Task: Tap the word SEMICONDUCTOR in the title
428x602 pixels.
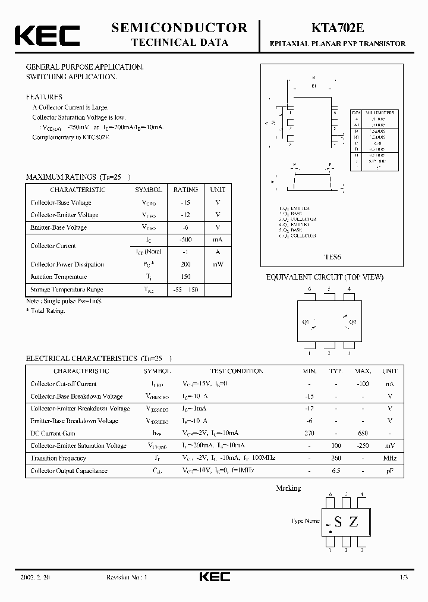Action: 180,27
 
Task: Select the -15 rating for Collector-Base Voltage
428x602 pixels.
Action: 185,203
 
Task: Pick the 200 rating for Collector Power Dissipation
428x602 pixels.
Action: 185,264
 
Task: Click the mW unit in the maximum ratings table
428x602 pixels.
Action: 218,264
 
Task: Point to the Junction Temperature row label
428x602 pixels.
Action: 59,277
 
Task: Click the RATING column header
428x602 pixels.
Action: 185,190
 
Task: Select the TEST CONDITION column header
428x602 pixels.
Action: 236,371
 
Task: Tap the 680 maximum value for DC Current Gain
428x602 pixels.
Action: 363,433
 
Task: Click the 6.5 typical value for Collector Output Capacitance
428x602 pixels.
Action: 336,471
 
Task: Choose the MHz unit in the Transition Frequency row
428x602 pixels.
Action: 390,458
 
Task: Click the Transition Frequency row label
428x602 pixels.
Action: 58,458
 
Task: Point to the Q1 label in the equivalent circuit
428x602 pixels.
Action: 307,322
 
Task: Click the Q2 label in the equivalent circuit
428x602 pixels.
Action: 352,322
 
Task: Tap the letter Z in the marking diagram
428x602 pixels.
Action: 354,522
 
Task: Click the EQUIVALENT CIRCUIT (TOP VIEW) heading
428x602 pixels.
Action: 325,277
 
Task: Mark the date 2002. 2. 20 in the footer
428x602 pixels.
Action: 37,578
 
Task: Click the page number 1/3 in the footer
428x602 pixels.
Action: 404,578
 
